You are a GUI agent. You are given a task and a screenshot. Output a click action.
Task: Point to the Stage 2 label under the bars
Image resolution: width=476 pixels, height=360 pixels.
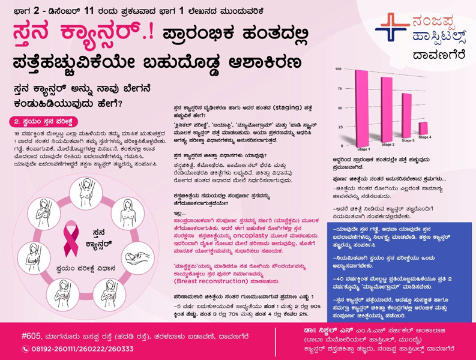tap(388, 145)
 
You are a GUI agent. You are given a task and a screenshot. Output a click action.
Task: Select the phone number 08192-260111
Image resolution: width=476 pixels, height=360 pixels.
tap(52, 349)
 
